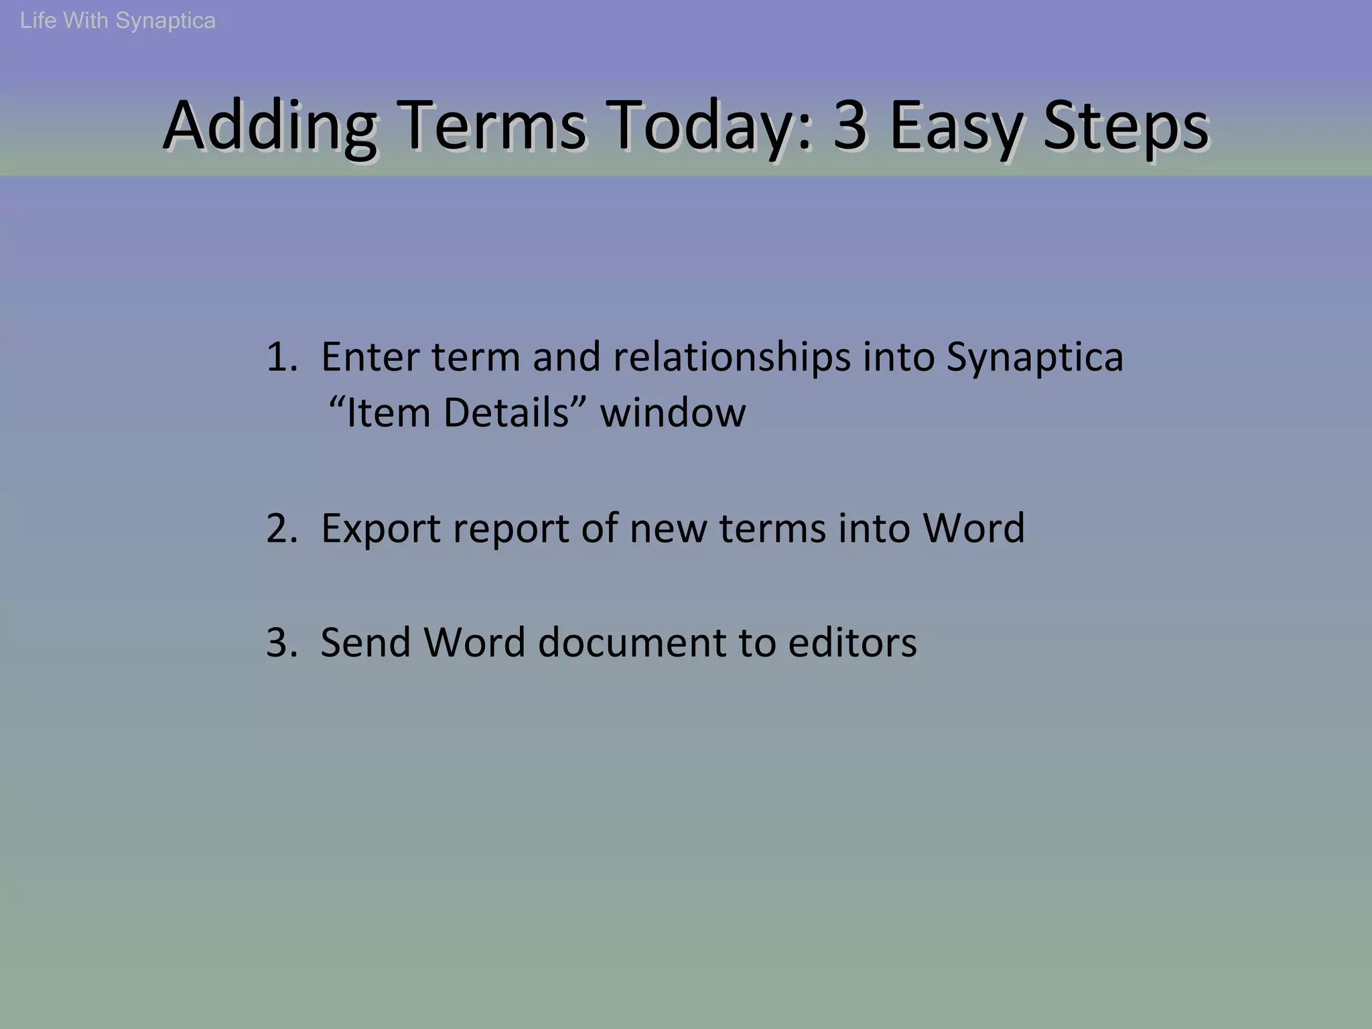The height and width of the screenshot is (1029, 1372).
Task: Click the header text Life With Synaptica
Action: click(118, 21)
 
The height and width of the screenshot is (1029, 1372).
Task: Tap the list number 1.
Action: click(280, 356)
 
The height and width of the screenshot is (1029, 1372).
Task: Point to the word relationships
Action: click(732, 356)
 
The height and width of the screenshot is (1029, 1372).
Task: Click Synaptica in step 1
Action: click(1034, 358)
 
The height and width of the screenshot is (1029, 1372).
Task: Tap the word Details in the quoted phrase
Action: click(505, 413)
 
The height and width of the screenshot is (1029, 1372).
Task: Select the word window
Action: click(673, 413)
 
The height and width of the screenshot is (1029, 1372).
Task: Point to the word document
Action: click(632, 642)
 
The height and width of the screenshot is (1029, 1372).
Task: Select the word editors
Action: click(852, 642)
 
